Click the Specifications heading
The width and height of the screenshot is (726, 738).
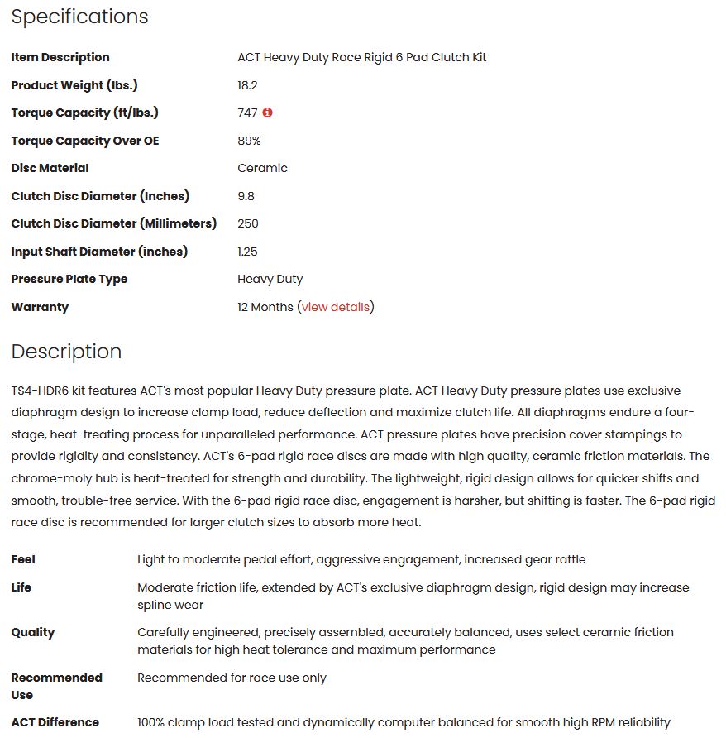[79, 17]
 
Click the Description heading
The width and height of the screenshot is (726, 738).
[66, 352]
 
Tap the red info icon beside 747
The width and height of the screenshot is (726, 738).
[267, 113]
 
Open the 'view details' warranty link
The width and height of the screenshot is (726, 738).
[336, 307]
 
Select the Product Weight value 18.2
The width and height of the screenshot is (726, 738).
[247, 85]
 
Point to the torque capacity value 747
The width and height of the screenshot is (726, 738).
[247, 113]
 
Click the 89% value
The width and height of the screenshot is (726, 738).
[249, 141]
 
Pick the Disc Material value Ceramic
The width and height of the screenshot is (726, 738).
[262, 168]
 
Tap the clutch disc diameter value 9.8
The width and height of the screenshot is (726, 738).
[246, 196]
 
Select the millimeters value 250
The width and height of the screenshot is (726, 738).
[247, 223]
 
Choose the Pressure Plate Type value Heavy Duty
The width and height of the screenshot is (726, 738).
[270, 279]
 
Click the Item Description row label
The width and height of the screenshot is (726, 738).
[60, 57]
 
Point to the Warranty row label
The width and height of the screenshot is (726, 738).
[40, 307]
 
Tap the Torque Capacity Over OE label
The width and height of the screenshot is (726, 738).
[85, 141]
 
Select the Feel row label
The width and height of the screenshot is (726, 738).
[23, 559]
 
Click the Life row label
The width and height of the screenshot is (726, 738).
[21, 587]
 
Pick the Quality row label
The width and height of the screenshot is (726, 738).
[33, 632]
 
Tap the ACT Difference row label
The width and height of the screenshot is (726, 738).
[55, 722]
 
